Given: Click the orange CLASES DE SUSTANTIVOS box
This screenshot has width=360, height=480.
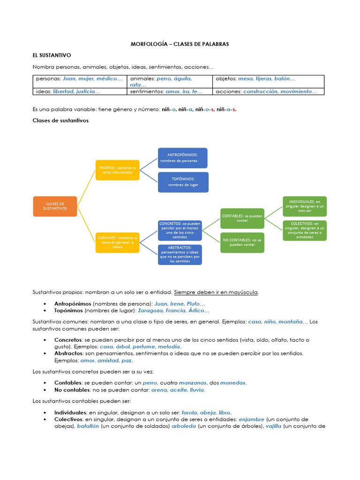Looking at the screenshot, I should (55, 206).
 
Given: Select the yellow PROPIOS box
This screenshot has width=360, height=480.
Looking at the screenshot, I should (118, 170).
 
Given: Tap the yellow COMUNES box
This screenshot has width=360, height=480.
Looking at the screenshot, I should (118, 242).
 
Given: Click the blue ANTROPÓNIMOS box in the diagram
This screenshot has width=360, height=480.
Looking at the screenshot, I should (182, 158).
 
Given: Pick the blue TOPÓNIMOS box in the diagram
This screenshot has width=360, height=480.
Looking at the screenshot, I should (182, 182).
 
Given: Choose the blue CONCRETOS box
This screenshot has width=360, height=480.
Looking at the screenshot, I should (180, 230).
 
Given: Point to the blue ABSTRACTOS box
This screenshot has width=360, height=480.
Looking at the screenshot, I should (180, 255).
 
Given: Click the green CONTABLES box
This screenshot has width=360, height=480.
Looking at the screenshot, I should (242, 218).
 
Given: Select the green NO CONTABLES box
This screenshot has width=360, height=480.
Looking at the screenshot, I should (242, 242).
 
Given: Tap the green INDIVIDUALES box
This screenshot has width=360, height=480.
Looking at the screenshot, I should (305, 206).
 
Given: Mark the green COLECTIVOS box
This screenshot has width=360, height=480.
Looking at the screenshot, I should (305, 230).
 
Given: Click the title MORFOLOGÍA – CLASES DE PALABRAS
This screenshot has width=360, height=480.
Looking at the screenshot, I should (180, 44).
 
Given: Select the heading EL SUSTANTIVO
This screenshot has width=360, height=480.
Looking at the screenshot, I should (52, 55).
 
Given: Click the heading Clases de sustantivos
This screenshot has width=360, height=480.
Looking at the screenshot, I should (60, 120).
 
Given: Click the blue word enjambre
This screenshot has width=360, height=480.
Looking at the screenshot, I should (251, 419).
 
